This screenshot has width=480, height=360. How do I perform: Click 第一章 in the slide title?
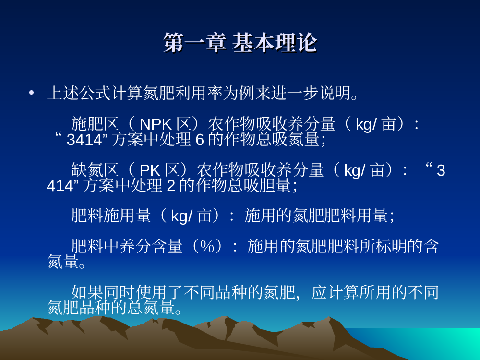pos(195,43)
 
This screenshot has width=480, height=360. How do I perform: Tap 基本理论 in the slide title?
pos(274,43)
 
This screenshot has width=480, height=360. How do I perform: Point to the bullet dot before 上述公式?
pos(31,93)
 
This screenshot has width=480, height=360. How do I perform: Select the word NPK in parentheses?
pos(156,125)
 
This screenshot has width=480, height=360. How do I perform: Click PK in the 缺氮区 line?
pos(150,170)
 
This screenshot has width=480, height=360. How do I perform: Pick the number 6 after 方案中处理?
pos(200,140)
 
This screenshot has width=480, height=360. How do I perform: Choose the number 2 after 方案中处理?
pos(171,186)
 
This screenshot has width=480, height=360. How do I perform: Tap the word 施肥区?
pos(95,124)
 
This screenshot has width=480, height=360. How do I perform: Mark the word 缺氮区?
pos(95,170)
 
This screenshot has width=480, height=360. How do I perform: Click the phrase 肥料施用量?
pos(111,216)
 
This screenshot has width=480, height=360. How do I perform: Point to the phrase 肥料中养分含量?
pos(127,246)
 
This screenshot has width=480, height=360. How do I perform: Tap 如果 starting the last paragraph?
pos(87,292)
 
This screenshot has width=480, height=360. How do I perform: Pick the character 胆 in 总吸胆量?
pos(267,185)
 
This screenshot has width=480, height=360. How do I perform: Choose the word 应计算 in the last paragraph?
pos(335,292)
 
